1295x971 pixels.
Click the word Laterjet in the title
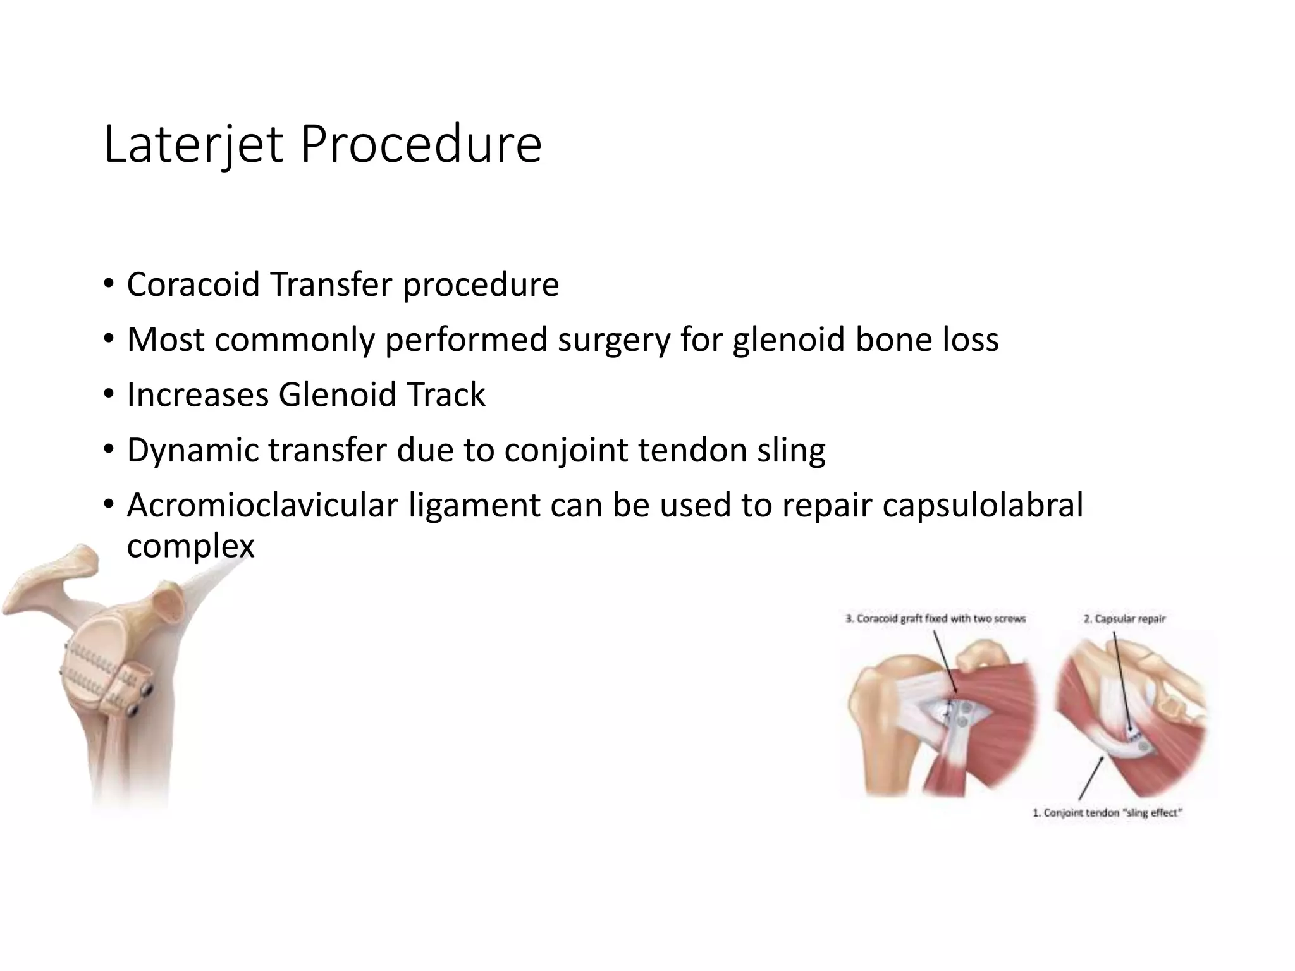[x=193, y=145]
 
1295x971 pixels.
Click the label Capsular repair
[x=1124, y=619]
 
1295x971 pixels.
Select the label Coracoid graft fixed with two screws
[x=935, y=619]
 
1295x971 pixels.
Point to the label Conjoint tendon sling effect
[x=1107, y=813]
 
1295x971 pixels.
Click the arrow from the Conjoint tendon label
[x=1092, y=778]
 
